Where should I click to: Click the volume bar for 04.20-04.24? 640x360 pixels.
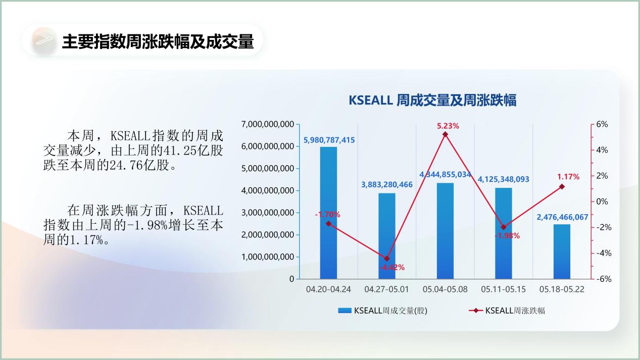328,213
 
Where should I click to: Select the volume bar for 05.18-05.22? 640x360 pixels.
562,251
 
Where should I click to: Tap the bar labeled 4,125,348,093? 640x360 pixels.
504,233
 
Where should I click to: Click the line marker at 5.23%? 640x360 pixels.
445,134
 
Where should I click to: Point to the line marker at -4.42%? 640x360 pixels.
387,259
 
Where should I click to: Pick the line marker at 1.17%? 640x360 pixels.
562,187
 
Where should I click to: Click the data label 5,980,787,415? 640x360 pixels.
329,140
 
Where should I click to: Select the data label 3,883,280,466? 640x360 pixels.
387,185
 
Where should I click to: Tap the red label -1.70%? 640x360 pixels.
327,215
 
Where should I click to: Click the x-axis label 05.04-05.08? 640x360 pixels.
445,289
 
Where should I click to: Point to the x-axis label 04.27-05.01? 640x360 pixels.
386,289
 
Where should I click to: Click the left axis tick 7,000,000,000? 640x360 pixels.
268,124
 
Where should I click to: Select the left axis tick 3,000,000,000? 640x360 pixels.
268,213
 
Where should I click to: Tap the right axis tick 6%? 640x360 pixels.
602,124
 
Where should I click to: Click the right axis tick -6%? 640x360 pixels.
604,279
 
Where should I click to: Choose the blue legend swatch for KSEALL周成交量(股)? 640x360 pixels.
344,311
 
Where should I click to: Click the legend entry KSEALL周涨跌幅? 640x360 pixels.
507,311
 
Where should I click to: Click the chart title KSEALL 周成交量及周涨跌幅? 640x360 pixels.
432,100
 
